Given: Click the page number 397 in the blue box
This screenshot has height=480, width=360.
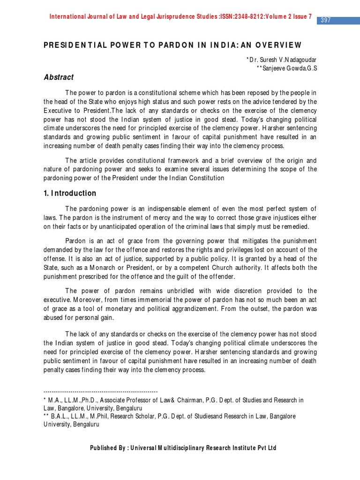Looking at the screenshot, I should pyautogui.click(x=326, y=20).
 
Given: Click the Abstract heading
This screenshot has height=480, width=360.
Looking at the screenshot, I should pyautogui.click(x=59, y=77).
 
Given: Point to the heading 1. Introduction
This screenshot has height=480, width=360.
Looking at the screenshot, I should pyautogui.click(x=69, y=193).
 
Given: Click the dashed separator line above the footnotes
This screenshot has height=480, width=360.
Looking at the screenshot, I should pyautogui.click(x=100, y=391).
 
